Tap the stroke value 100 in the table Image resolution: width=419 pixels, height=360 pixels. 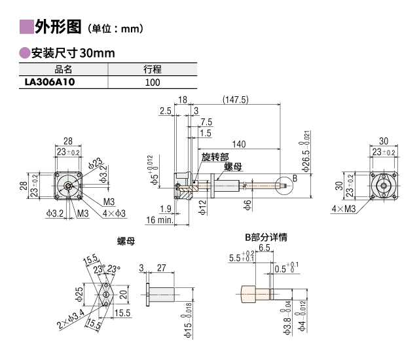(x=153, y=82)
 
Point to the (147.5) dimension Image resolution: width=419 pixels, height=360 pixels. (x=235, y=99)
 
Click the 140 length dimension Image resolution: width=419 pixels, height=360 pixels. (x=239, y=144)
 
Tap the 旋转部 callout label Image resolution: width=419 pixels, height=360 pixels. (x=215, y=157)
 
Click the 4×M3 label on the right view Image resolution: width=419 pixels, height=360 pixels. (x=344, y=209)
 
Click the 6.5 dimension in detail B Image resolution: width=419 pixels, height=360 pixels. (x=264, y=249)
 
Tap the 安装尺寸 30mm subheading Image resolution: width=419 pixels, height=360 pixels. (x=73, y=52)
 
